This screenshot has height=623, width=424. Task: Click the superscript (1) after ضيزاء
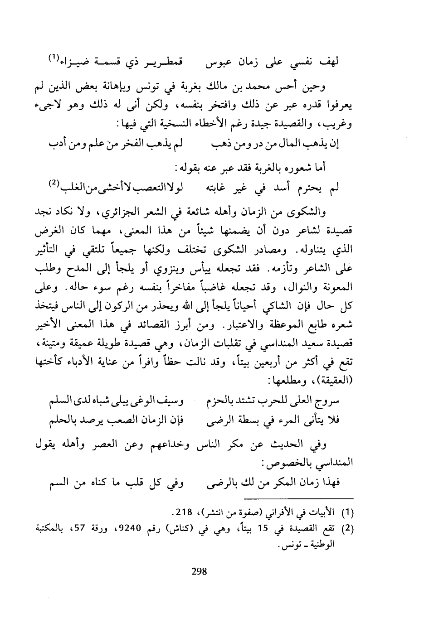point(54,58)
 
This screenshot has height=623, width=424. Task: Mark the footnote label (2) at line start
point(346,528)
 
